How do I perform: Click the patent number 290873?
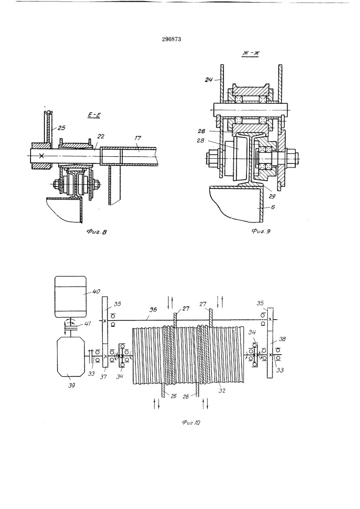[x=171, y=39]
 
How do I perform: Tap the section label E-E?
[x=94, y=115]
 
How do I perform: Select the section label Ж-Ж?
[x=251, y=53]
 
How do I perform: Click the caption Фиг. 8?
[x=97, y=232]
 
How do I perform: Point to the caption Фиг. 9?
[x=261, y=231]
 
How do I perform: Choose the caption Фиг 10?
[x=191, y=422]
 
